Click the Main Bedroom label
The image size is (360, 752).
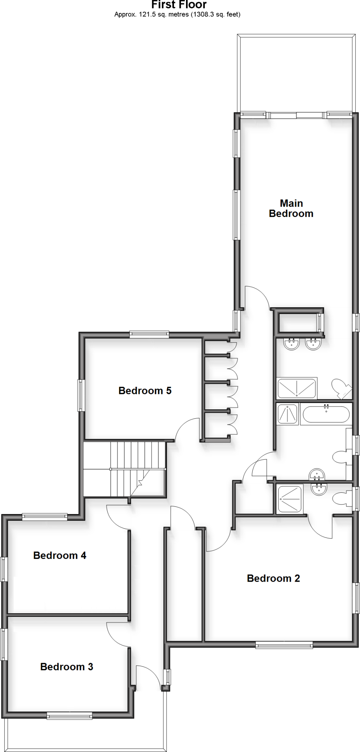click(x=291, y=209)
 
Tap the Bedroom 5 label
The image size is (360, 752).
click(x=145, y=391)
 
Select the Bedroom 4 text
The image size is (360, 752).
click(x=60, y=556)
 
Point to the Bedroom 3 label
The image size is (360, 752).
click(x=67, y=667)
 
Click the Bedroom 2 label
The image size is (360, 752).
click(x=273, y=578)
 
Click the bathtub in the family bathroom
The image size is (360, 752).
click(x=326, y=414)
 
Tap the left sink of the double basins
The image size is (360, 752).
click(x=291, y=344)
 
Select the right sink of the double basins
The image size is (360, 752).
click(x=313, y=344)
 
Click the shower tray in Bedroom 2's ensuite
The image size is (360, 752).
click(x=290, y=499)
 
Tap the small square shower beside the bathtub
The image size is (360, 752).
click(x=287, y=414)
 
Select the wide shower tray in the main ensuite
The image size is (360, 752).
click(x=297, y=388)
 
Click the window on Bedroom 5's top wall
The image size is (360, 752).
click(x=149, y=335)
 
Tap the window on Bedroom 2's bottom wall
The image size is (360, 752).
click(x=284, y=644)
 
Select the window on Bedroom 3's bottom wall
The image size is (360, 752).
click(x=69, y=715)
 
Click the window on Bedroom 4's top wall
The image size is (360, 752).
click(x=44, y=517)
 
